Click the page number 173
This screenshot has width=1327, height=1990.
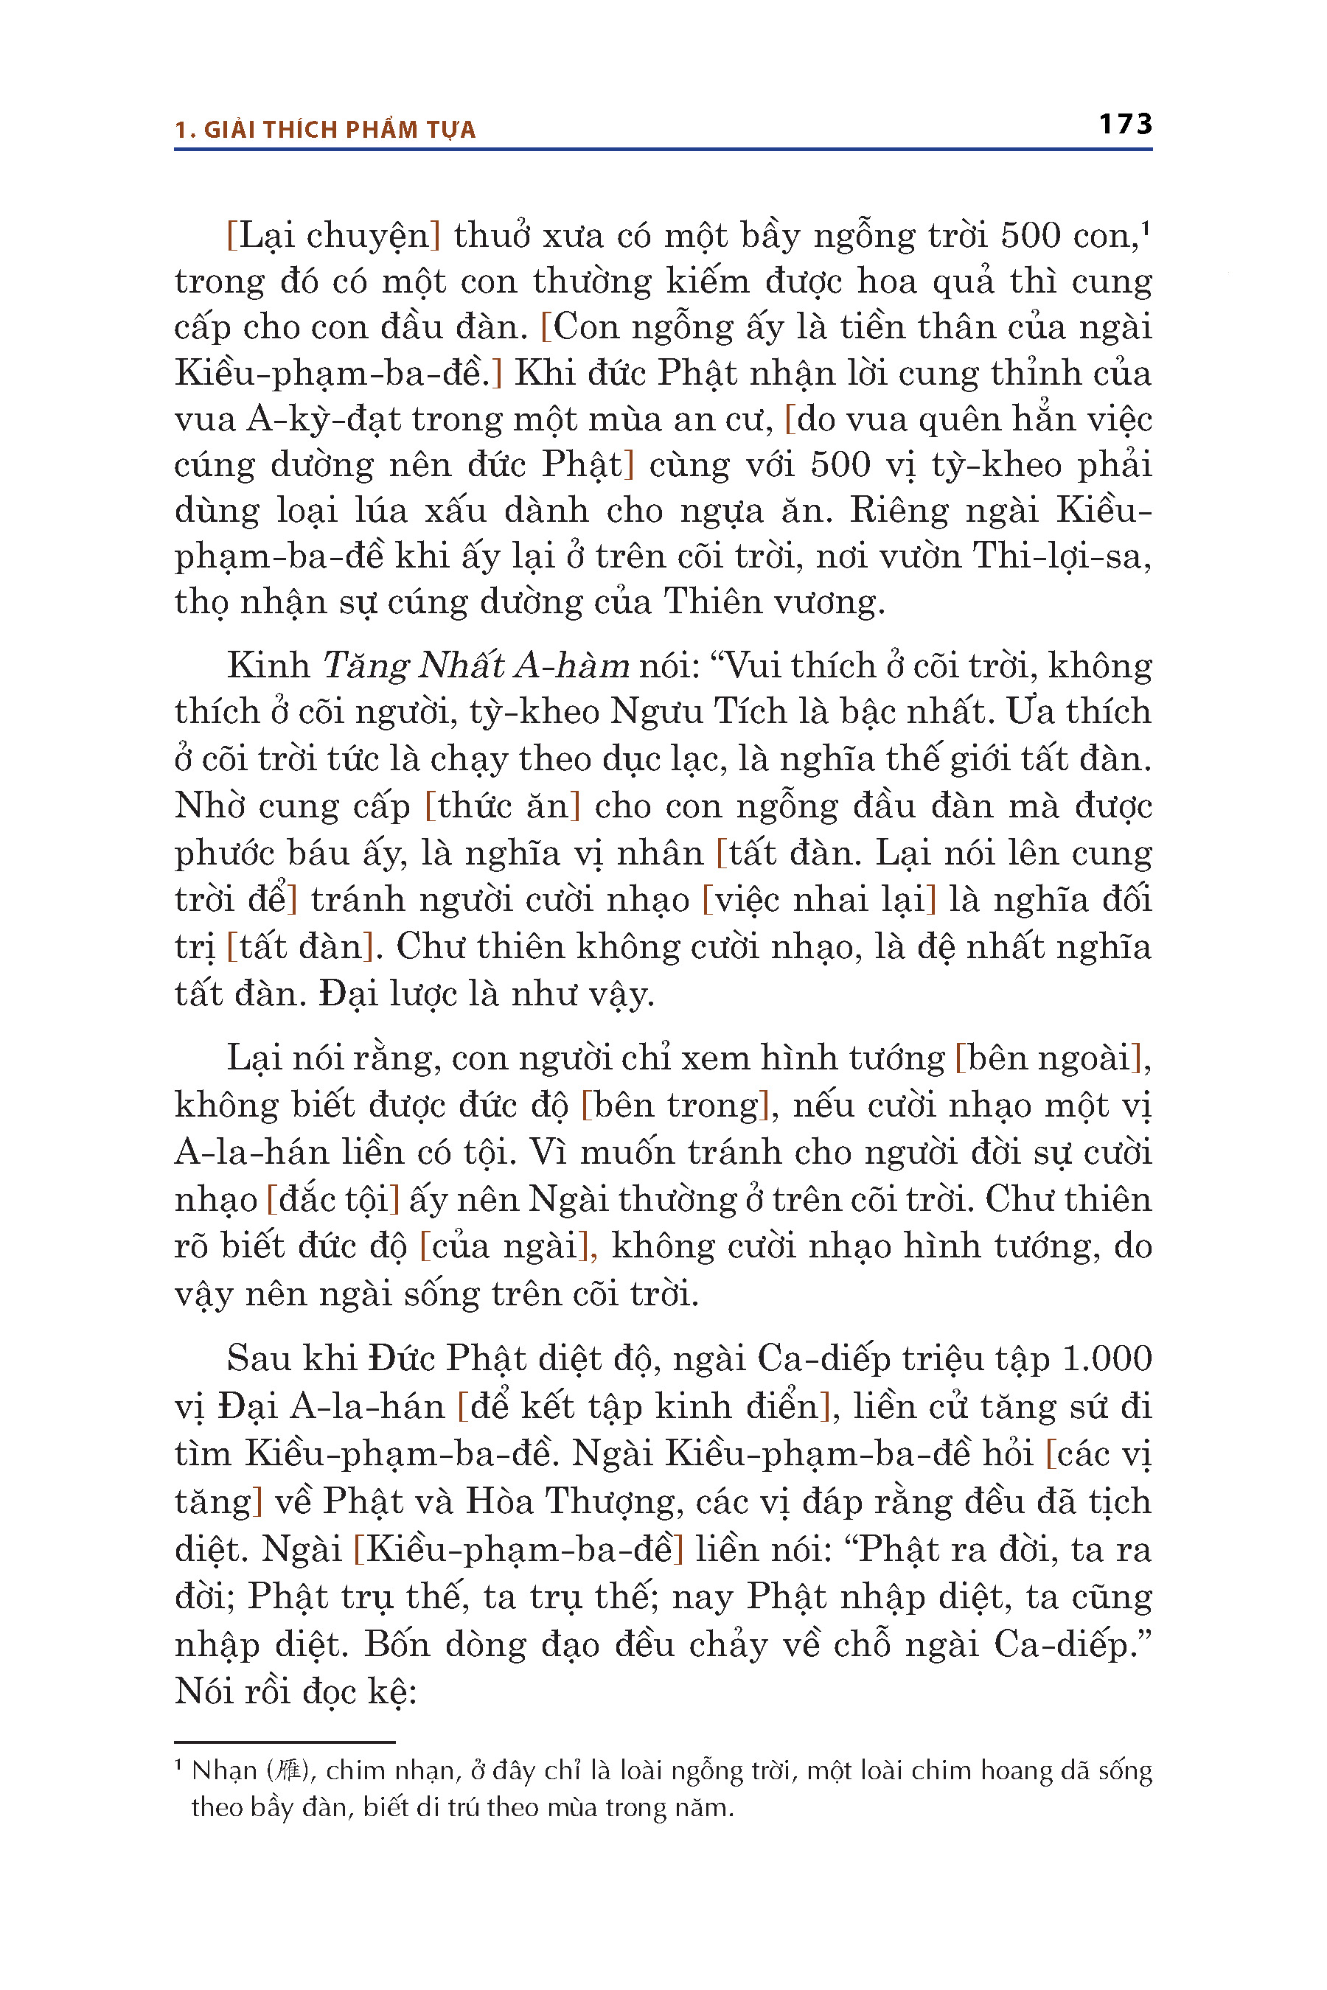tap(1125, 125)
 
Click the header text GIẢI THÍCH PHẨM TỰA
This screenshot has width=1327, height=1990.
tap(339, 130)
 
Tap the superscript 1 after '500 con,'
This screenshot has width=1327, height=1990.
tap(1145, 228)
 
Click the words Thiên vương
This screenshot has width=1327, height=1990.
tap(773, 601)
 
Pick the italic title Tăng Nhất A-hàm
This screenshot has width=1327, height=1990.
tap(476, 666)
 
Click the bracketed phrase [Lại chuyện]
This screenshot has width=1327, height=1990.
tap(333, 235)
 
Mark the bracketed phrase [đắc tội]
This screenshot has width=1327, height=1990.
tap(332, 1199)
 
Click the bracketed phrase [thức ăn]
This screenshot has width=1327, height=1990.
tap(503, 806)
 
